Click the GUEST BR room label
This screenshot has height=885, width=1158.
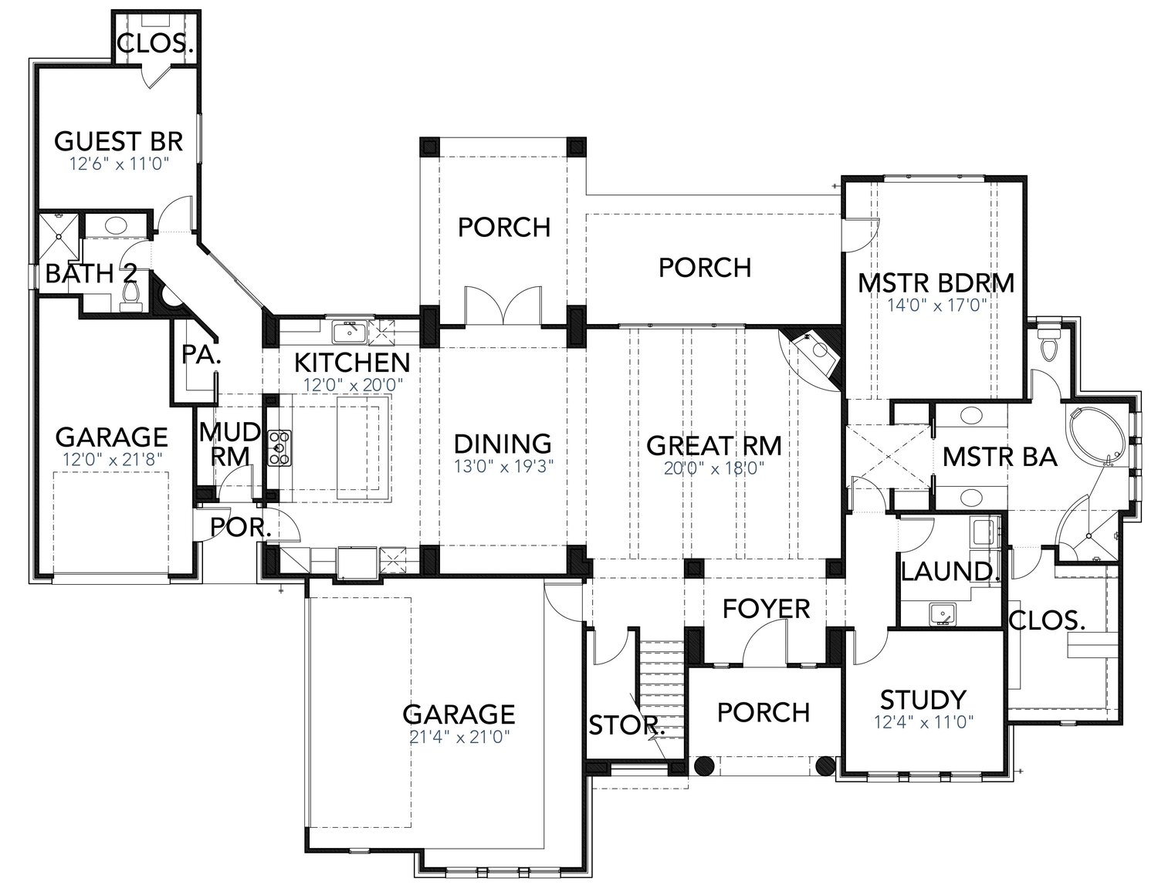[119, 141]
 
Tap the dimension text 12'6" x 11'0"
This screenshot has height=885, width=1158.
[119, 164]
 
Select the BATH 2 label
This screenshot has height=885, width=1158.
[91, 273]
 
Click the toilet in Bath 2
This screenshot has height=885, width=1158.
[132, 295]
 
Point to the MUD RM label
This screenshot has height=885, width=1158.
[229, 444]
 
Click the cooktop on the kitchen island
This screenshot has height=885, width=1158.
[279, 447]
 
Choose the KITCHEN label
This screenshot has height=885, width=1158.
[352, 361]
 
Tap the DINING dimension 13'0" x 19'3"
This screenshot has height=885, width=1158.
[503, 466]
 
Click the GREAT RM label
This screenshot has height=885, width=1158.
[713, 445]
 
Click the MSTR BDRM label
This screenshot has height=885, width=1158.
[936, 283]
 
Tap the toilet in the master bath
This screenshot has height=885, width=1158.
[1048, 345]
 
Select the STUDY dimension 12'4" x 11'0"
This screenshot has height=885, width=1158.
[923, 722]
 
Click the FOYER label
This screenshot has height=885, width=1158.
[766, 609]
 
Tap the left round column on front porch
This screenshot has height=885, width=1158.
[703, 765]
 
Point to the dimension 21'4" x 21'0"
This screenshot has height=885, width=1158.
[459, 736]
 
